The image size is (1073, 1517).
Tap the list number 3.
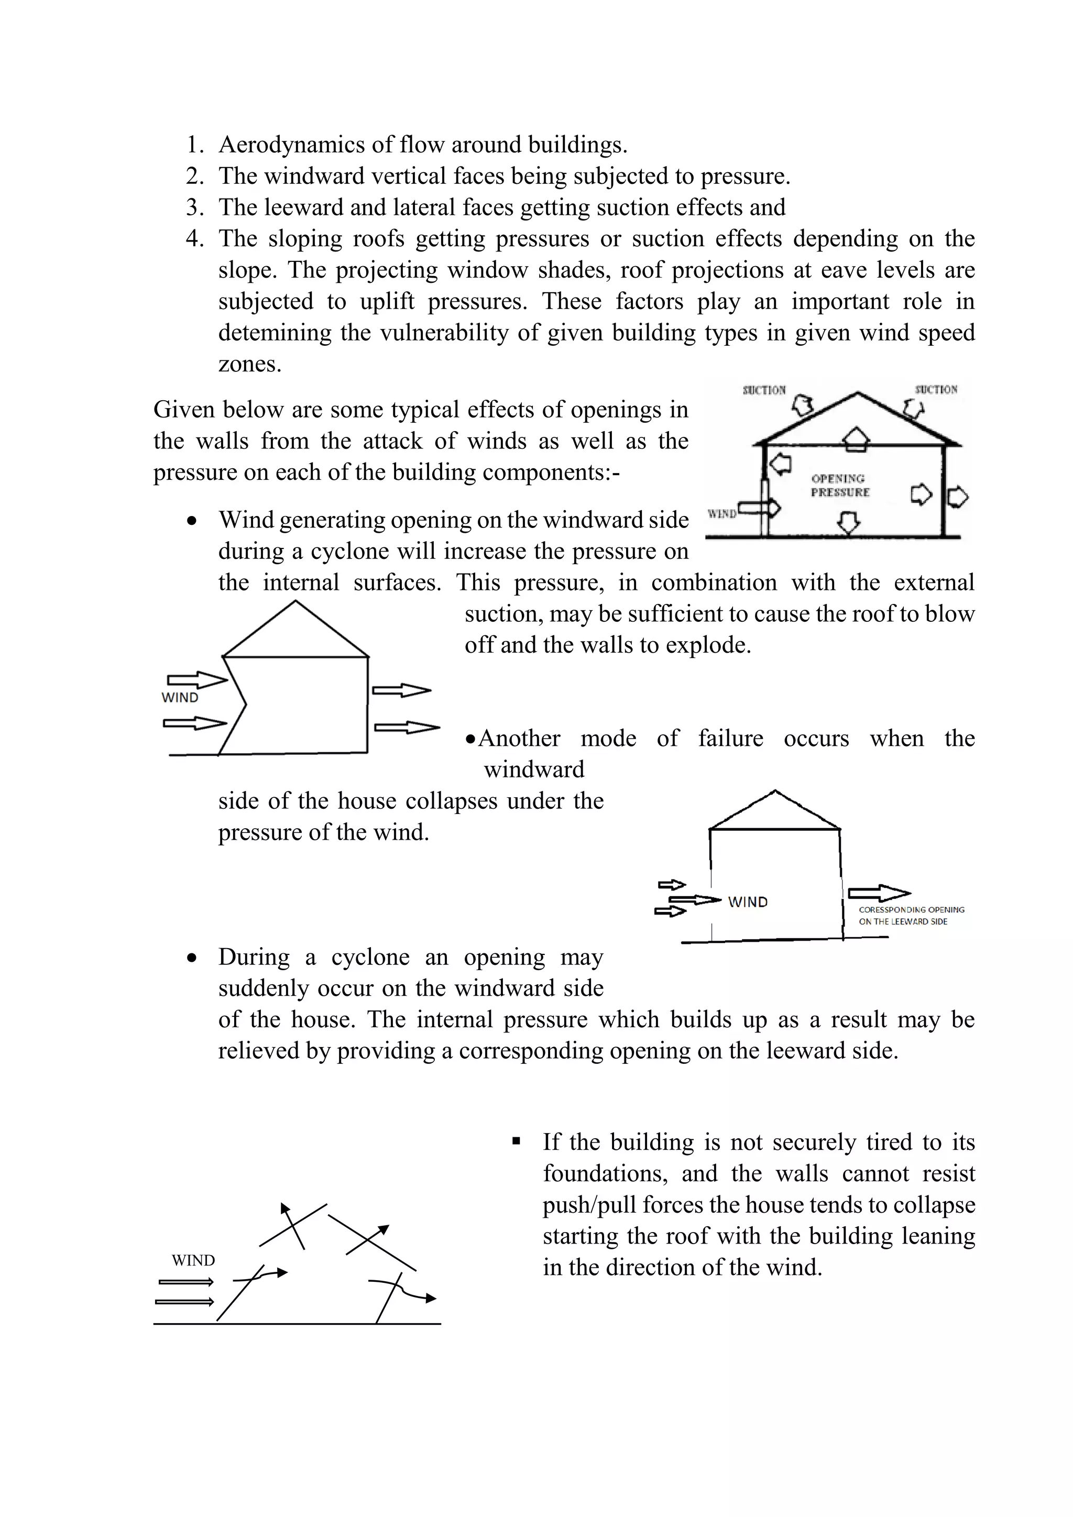(x=194, y=207)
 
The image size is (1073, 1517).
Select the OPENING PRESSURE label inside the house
(x=840, y=486)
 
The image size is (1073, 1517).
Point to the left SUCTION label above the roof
(x=764, y=390)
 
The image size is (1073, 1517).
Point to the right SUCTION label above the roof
(x=936, y=390)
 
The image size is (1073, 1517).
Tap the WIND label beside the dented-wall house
(x=180, y=698)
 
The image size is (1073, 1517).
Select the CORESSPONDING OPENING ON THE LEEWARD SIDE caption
(x=911, y=916)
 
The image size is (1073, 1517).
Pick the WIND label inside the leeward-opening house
(x=747, y=903)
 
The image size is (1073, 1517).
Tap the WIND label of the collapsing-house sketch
(x=193, y=1261)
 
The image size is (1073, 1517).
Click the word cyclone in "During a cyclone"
(x=370, y=958)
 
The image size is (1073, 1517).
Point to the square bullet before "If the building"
(x=517, y=1141)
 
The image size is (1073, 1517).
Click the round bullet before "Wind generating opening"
(x=192, y=521)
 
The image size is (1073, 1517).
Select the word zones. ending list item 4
(x=250, y=364)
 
